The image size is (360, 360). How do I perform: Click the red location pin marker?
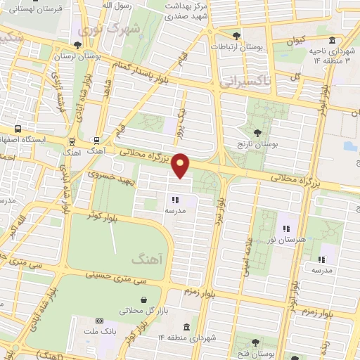(x=181, y=165)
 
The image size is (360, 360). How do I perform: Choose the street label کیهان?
(x=295, y=41)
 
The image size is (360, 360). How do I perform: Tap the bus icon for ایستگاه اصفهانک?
(x=17, y=129)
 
